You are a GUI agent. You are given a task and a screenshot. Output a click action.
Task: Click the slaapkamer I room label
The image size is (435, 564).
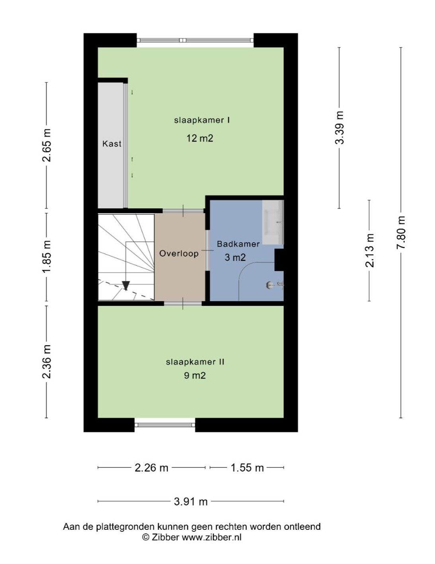click(x=202, y=121)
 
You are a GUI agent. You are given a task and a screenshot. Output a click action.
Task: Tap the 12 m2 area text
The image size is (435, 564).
click(x=200, y=138)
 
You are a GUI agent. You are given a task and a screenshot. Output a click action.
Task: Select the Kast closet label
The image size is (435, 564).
click(x=112, y=144)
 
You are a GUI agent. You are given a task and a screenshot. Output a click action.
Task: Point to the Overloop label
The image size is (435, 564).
click(x=179, y=254)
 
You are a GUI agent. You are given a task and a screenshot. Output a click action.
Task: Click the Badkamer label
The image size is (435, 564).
click(x=238, y=244)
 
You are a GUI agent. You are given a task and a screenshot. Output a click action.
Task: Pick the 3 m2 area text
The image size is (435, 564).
click(x=235, y=257)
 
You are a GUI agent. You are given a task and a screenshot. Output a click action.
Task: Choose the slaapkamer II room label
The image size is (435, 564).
click(x=195, y=362)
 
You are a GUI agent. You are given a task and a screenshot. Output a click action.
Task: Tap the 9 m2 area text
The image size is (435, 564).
click(x=195, y=375)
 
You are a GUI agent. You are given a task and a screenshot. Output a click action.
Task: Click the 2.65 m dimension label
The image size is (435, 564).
click(x=47, y=145)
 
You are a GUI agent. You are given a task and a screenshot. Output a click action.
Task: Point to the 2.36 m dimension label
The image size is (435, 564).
click(x=47, y=362)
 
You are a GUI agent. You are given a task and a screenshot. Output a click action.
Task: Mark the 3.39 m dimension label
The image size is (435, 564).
click(x=339, y=127)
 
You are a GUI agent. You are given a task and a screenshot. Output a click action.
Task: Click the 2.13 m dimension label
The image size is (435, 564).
click(x=369, y=251)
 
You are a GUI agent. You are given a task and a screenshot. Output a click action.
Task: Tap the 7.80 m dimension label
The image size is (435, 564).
click(x=401, y=233)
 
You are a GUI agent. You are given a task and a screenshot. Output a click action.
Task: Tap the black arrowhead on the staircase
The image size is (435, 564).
click(x=126, y=286)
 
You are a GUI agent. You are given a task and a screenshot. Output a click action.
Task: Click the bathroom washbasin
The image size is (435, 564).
click(x=273, y=222)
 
